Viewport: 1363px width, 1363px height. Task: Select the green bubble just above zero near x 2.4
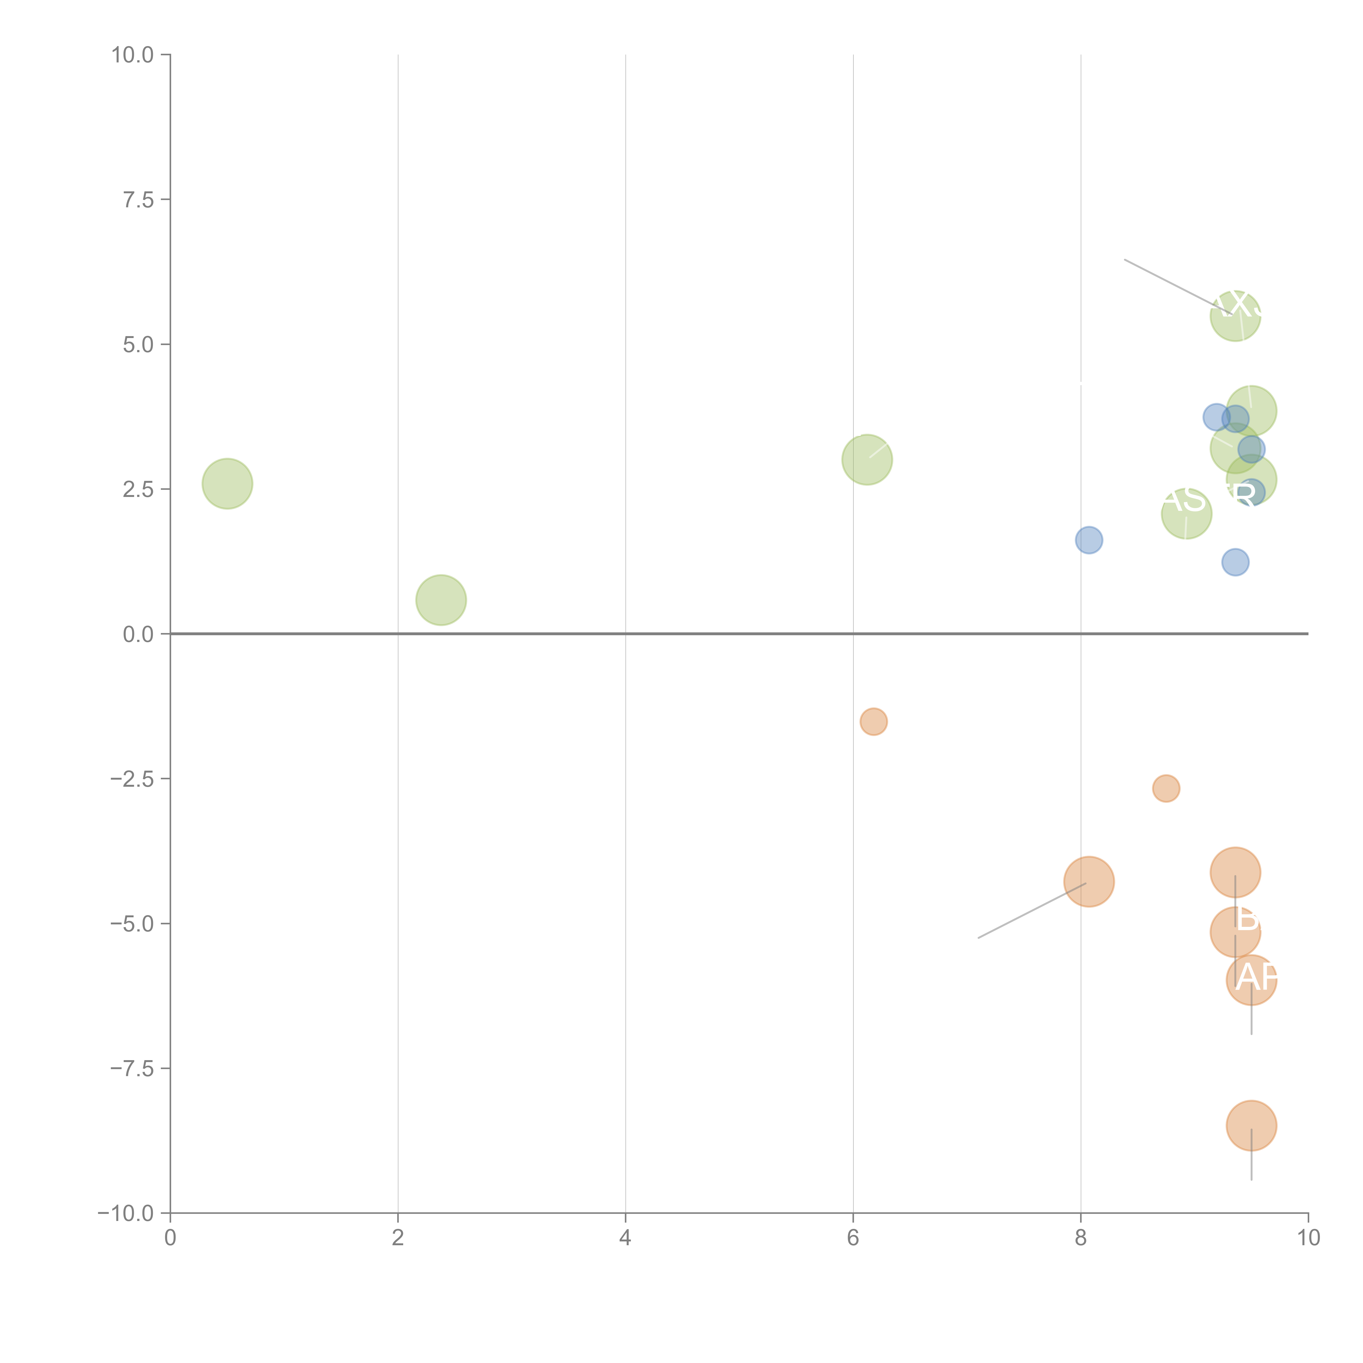[441, 600]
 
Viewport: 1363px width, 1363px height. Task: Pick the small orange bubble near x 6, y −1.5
[873, 721]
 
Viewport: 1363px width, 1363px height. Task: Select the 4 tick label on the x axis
[625, 1238]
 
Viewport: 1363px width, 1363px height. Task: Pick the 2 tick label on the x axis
[398, 1238]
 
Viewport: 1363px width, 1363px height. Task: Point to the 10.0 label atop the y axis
[133, 55]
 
